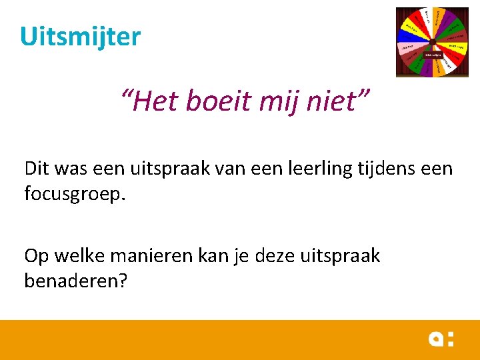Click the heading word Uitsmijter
(80, 36)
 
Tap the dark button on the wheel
(433, 55)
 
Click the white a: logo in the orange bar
(441, 339)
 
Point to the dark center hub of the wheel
(431, 42)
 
